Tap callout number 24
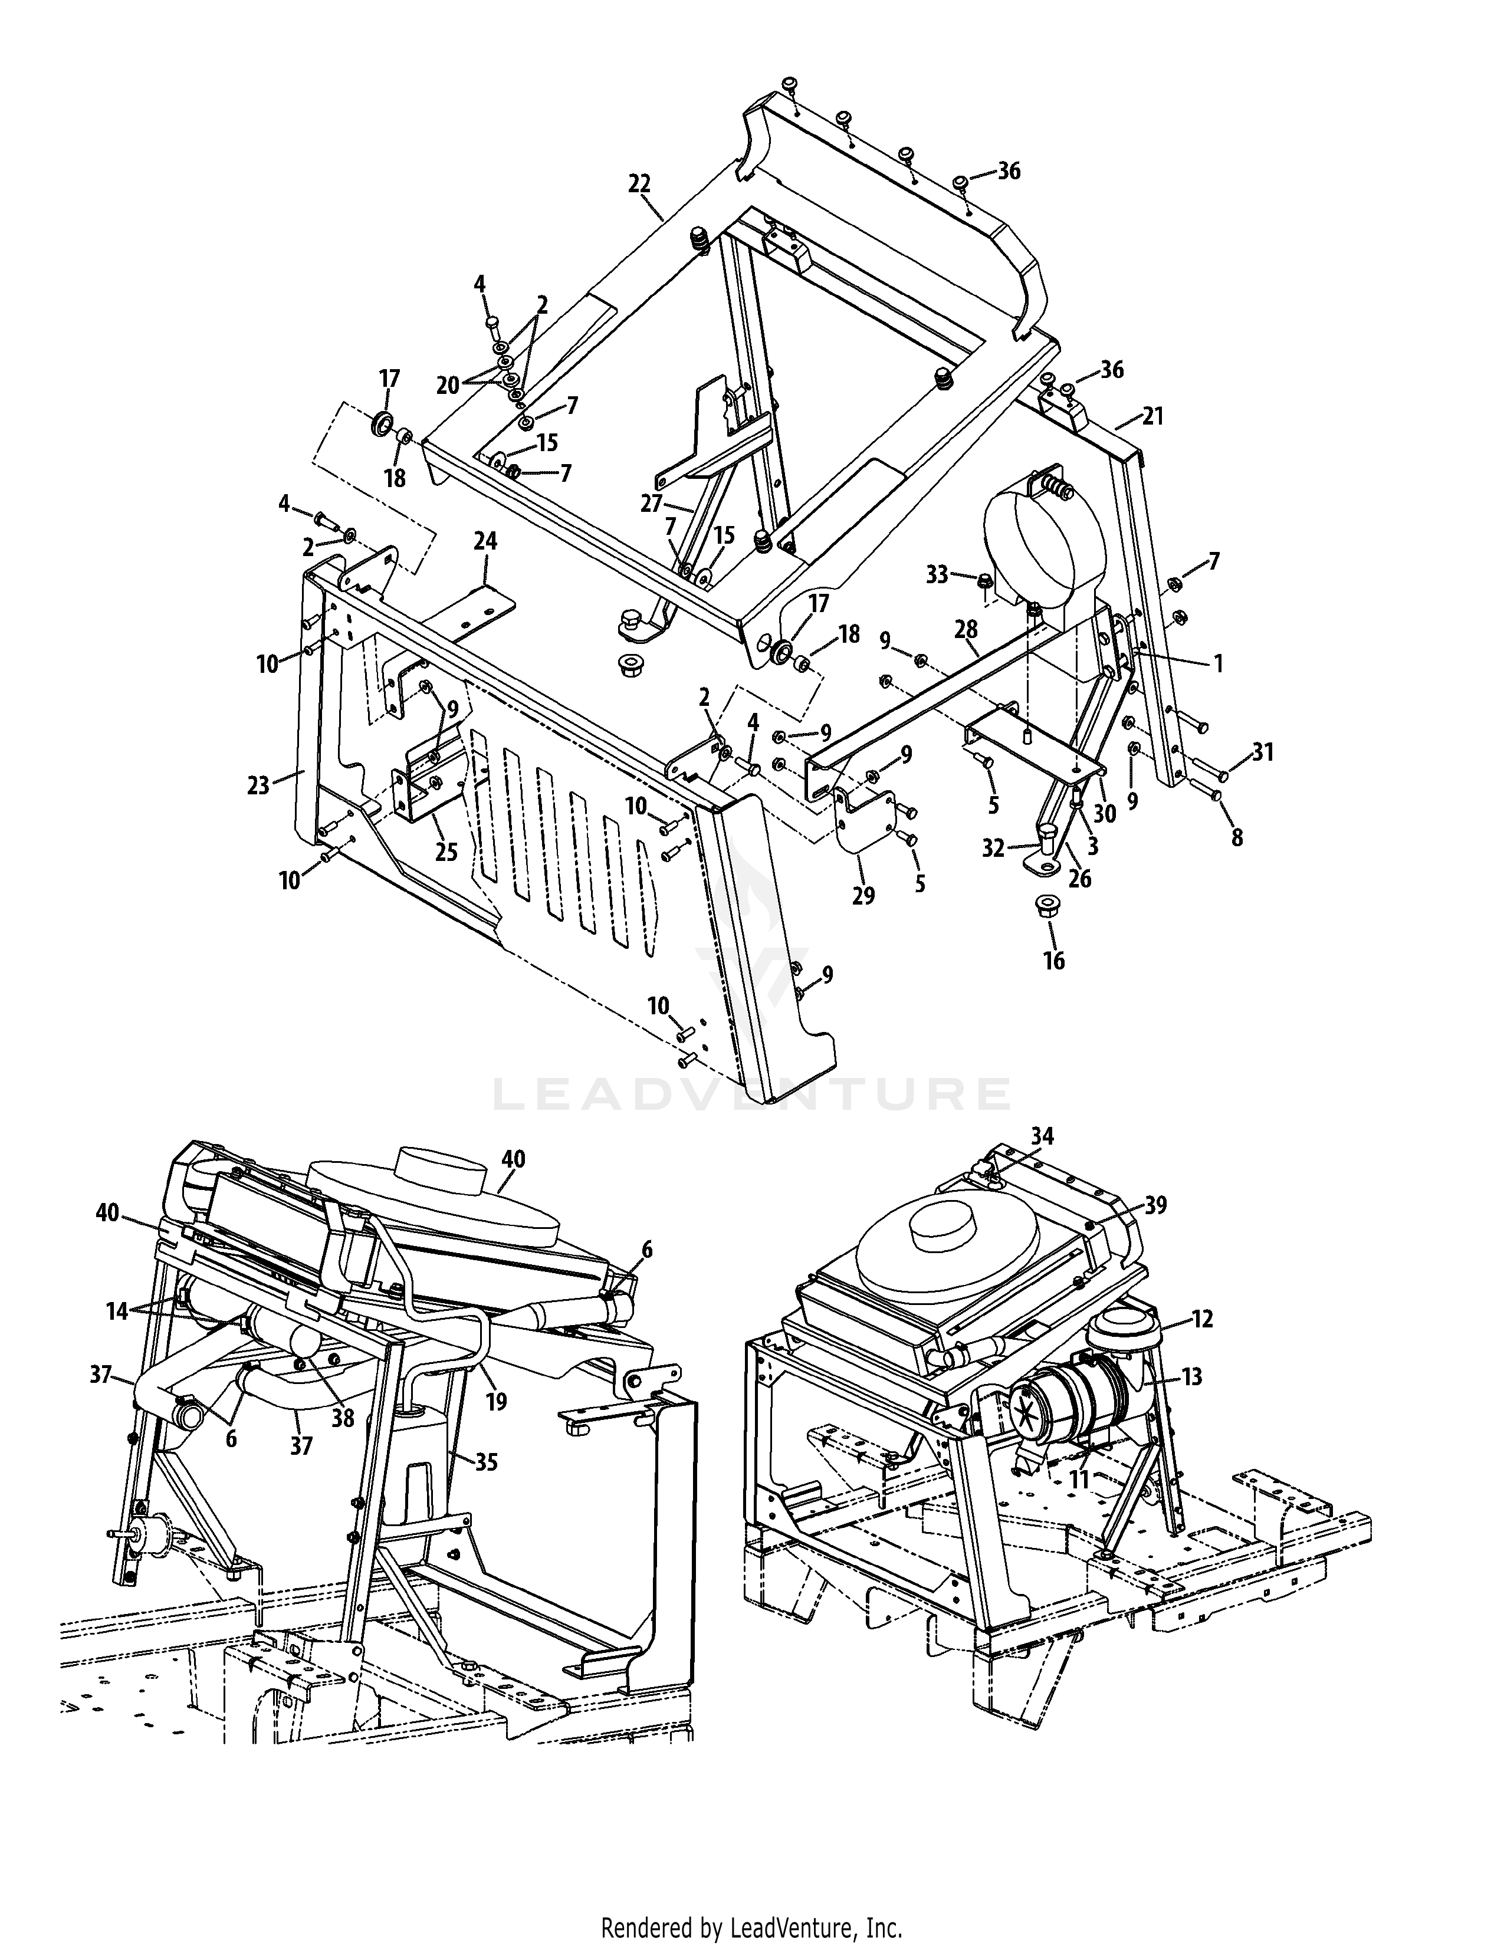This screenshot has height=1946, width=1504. click(x=485, y=541)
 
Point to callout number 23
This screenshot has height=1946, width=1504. click(x=258, y=786)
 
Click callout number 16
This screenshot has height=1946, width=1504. click(x=1053, y=961)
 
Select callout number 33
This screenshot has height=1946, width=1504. click(x=937, y=576)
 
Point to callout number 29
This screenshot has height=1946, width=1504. click(x=862, y=896)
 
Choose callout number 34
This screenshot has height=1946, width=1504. click(x=1042, y=1136)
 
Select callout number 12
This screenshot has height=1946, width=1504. click(x=1202, y=1319)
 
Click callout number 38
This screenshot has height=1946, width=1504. click(x=343, y=1418)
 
